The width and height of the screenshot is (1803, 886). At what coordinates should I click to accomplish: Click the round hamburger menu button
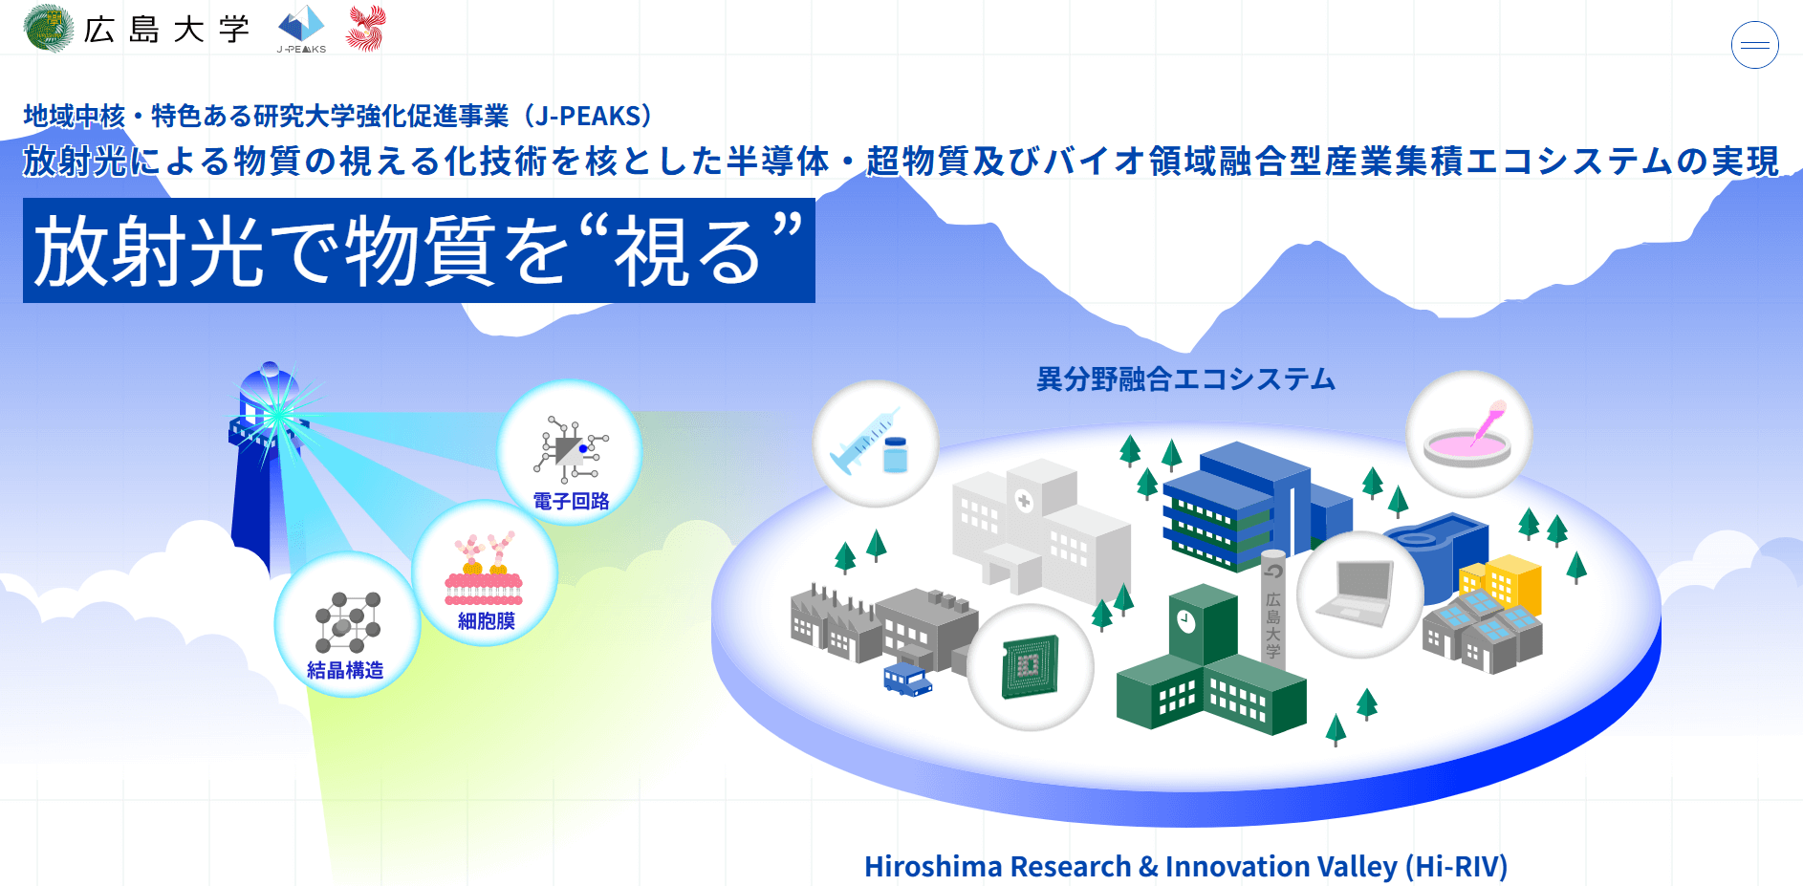[1754, 45]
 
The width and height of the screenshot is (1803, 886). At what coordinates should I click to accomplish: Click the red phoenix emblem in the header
[366, 28]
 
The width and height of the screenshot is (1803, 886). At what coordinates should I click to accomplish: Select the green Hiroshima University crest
[49, 29]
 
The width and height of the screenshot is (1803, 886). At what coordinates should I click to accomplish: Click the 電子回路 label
[571, 501]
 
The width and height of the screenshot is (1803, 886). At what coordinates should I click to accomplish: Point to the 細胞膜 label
[486, 621]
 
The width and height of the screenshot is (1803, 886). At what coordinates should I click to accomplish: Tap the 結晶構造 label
[345, 670]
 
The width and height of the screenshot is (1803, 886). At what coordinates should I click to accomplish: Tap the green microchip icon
[1030, 666]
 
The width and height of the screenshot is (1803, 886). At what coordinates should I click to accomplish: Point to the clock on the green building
[1185, 621]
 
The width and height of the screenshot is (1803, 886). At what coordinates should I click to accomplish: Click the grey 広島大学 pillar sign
[1272, 608]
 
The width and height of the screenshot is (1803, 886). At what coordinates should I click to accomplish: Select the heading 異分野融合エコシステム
[1185, 379]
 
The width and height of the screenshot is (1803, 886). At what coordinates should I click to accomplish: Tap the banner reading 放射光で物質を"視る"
[419, 250]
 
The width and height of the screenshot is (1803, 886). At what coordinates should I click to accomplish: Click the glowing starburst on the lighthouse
[278, 416]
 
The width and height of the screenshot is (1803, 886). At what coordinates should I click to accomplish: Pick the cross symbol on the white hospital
[1024, 501]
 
